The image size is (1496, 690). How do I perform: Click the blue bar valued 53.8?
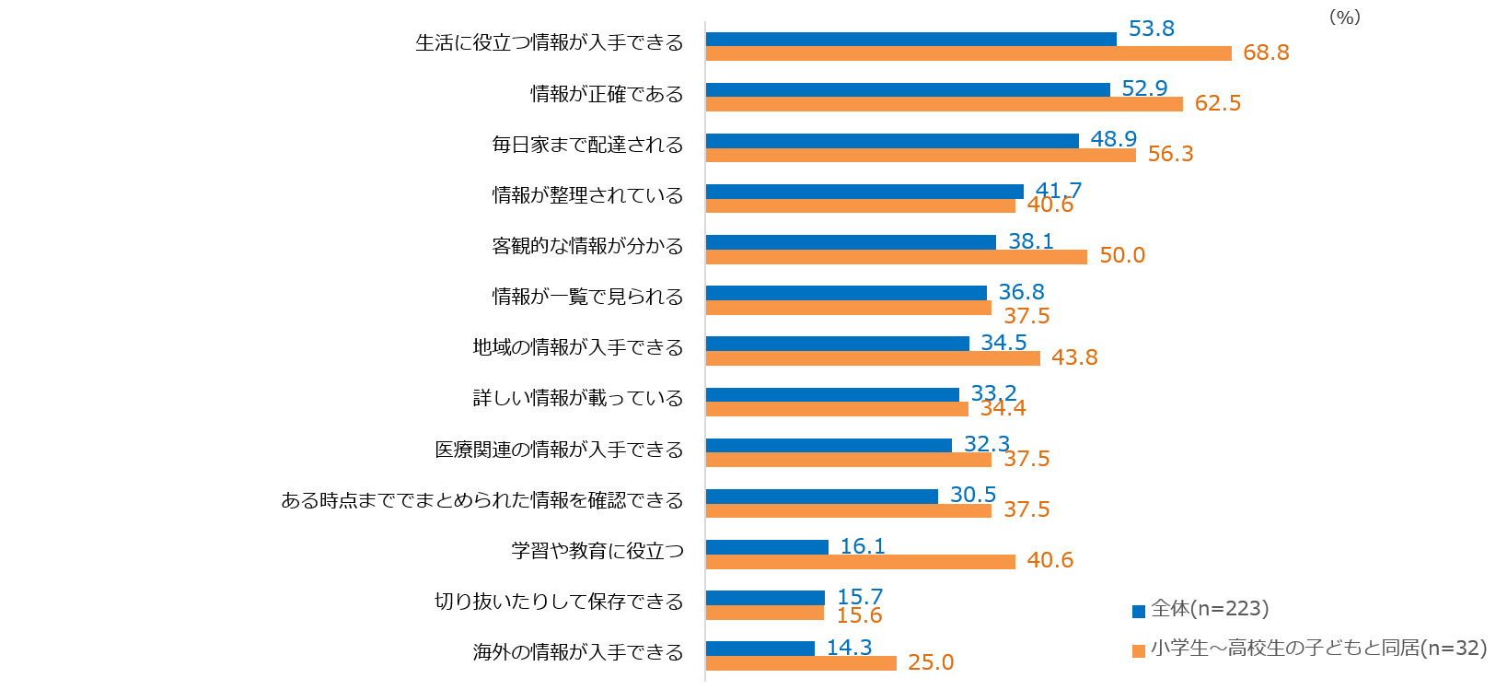[910, 39]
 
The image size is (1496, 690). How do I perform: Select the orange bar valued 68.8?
[968, 53]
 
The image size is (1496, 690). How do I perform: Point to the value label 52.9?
[1144, 88]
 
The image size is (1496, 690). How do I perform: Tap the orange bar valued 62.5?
[944, 104]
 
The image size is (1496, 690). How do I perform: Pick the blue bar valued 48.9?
[892, 141]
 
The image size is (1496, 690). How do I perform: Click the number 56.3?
[1170, 154]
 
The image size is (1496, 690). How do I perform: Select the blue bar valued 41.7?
[864, 192]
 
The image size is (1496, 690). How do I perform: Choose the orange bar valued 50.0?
[896, 257]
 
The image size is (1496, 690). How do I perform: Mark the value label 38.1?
[1031, 241]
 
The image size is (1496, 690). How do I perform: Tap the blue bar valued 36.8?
[846, 293]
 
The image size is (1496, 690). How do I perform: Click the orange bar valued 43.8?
[873, 358]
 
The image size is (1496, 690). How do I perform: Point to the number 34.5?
[1003, 343]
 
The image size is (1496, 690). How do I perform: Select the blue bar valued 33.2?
[832, 394]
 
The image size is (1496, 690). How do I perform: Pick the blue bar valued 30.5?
[821, 497]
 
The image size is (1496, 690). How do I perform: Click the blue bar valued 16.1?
[767, 547]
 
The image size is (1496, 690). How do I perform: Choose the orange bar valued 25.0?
[801, 663]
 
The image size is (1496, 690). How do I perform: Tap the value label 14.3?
[849, 647]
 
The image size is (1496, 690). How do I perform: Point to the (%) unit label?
[1344, 18]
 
